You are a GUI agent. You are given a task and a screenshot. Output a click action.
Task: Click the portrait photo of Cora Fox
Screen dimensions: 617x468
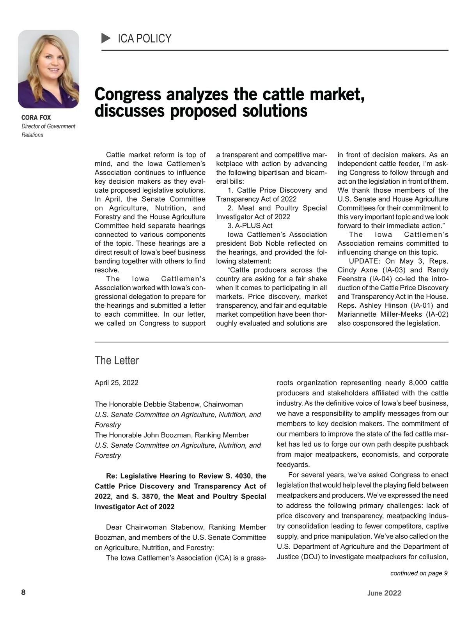[48, 69]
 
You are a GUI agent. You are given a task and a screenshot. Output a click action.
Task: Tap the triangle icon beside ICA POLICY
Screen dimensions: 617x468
[106, 38]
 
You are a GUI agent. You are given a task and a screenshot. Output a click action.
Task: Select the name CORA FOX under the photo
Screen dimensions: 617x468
[36, 117]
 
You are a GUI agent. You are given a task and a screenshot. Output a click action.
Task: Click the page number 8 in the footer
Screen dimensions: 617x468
[23, 592]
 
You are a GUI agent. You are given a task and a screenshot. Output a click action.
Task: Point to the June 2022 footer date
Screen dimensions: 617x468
[384, 593]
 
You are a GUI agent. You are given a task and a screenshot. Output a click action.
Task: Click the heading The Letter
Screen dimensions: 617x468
[117, 360]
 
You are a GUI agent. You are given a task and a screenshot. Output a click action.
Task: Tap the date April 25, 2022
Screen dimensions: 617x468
[116, 383]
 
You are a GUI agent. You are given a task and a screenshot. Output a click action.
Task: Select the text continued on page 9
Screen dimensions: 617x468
[419, 573]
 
